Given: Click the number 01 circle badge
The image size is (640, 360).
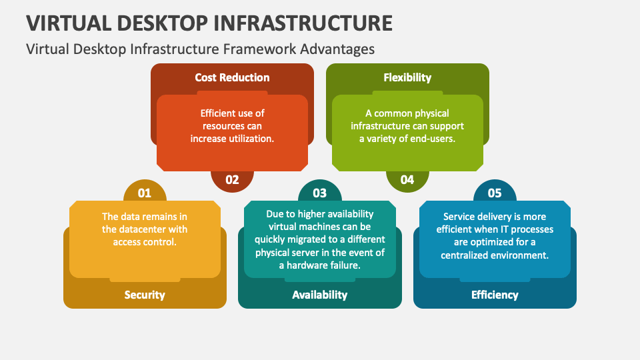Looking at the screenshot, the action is tap(145, 191).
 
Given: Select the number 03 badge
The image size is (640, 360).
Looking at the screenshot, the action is tap(319, 191).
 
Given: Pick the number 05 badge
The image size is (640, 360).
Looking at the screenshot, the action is tap(495, 191).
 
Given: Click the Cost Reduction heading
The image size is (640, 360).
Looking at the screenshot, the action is tap(232, 77).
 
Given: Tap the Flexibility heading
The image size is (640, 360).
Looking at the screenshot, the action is tap(407, 77).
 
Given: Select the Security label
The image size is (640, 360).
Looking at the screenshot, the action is tap(145, 295).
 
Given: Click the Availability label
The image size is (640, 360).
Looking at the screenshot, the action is tap(319, 295).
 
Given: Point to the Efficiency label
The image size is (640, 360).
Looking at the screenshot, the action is tap(495, 295).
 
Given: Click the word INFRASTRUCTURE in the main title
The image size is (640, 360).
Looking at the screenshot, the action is tap(303, 23).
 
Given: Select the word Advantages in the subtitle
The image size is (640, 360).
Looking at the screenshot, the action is tap(337, 49).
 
